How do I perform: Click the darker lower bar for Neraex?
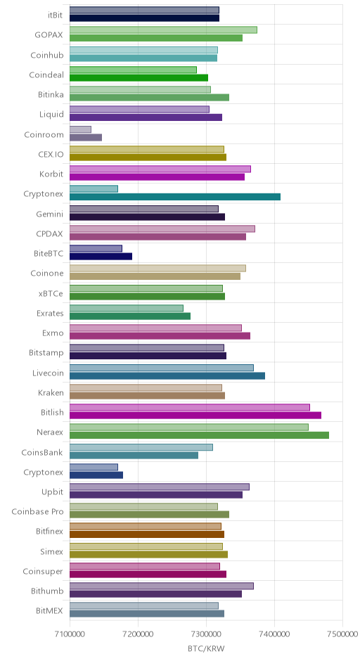pos(199,435)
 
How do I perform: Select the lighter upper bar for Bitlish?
pos(190,407)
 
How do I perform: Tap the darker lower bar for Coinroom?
pos(86,137)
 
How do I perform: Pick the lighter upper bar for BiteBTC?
pos(96,248)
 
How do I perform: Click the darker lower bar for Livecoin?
pos(167,376)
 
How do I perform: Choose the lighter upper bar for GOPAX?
pos(163,30)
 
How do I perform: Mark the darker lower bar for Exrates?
pos(130,316)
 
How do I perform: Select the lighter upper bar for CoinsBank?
pos(141,447)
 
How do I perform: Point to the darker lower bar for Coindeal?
pos(139,77)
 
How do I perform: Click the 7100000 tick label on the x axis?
pos(70,634)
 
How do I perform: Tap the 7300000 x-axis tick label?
pos(206,634)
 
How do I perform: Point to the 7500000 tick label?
pos(342,634)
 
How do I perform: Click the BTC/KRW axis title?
pos(206,648)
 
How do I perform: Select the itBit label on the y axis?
pos(56,15)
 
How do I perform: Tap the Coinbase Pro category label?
pos(37,511)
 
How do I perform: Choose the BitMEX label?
pos(50,611)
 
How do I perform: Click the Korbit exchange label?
pos(52,174)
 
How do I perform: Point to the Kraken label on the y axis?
pos(51,392)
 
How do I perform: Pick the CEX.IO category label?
pos(51,154)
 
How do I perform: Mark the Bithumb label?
pos(47,591)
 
